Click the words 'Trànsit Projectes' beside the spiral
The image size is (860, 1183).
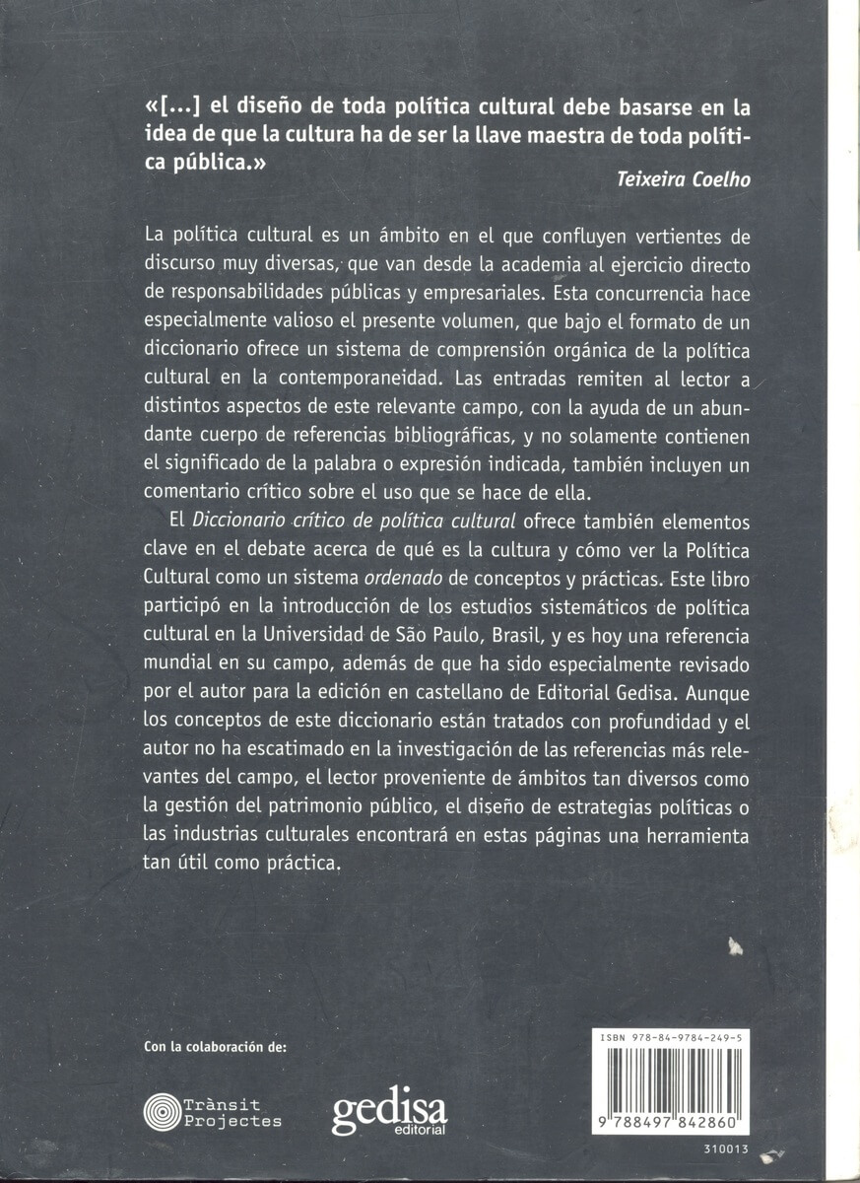pyautogui.click(x=233, y=1113)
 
